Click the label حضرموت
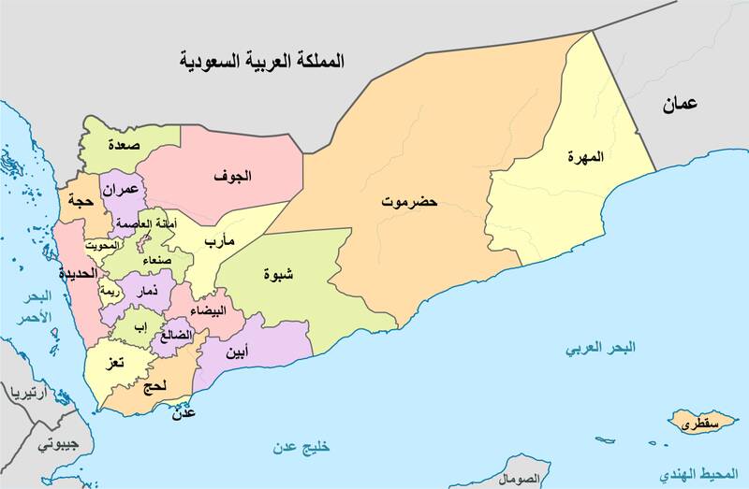[x=409, y=201]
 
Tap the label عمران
[x=122, y=189]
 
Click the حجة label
[x=77, y=200]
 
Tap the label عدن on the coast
[x=184, y=411]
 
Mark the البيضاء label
[x=208, y=310]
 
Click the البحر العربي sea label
[x=600, y=348]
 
